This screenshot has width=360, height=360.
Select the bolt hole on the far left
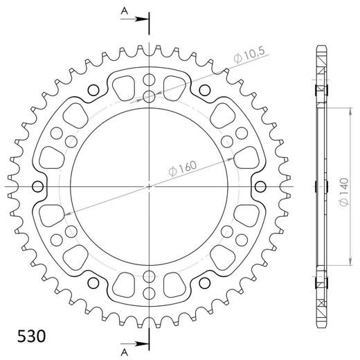pos(38,186)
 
